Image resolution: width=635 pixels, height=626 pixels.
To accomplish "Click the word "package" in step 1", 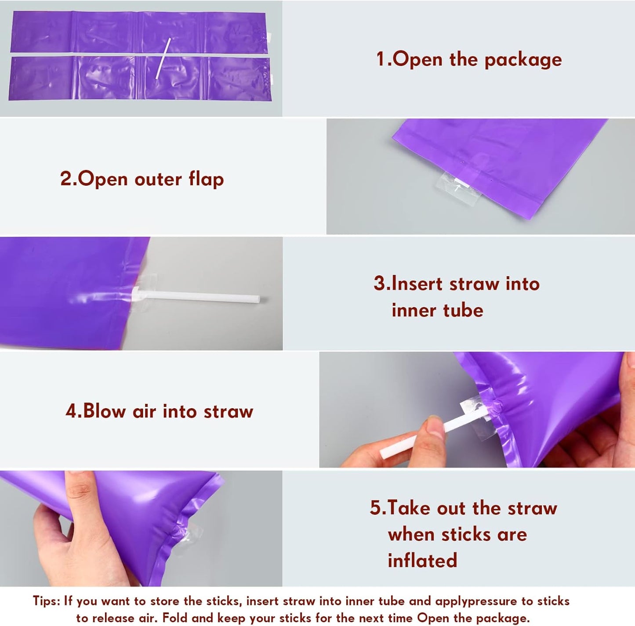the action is [523, 60].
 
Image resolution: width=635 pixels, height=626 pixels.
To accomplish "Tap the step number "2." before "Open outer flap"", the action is [69, 179].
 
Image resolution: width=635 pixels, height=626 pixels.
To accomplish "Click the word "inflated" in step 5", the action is [422, 560].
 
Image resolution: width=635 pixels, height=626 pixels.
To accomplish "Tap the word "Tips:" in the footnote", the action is [47, 601].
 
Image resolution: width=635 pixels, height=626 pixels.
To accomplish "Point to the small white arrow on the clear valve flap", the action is [457, 188].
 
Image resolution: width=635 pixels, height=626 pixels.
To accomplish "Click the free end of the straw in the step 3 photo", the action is [258, 299].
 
